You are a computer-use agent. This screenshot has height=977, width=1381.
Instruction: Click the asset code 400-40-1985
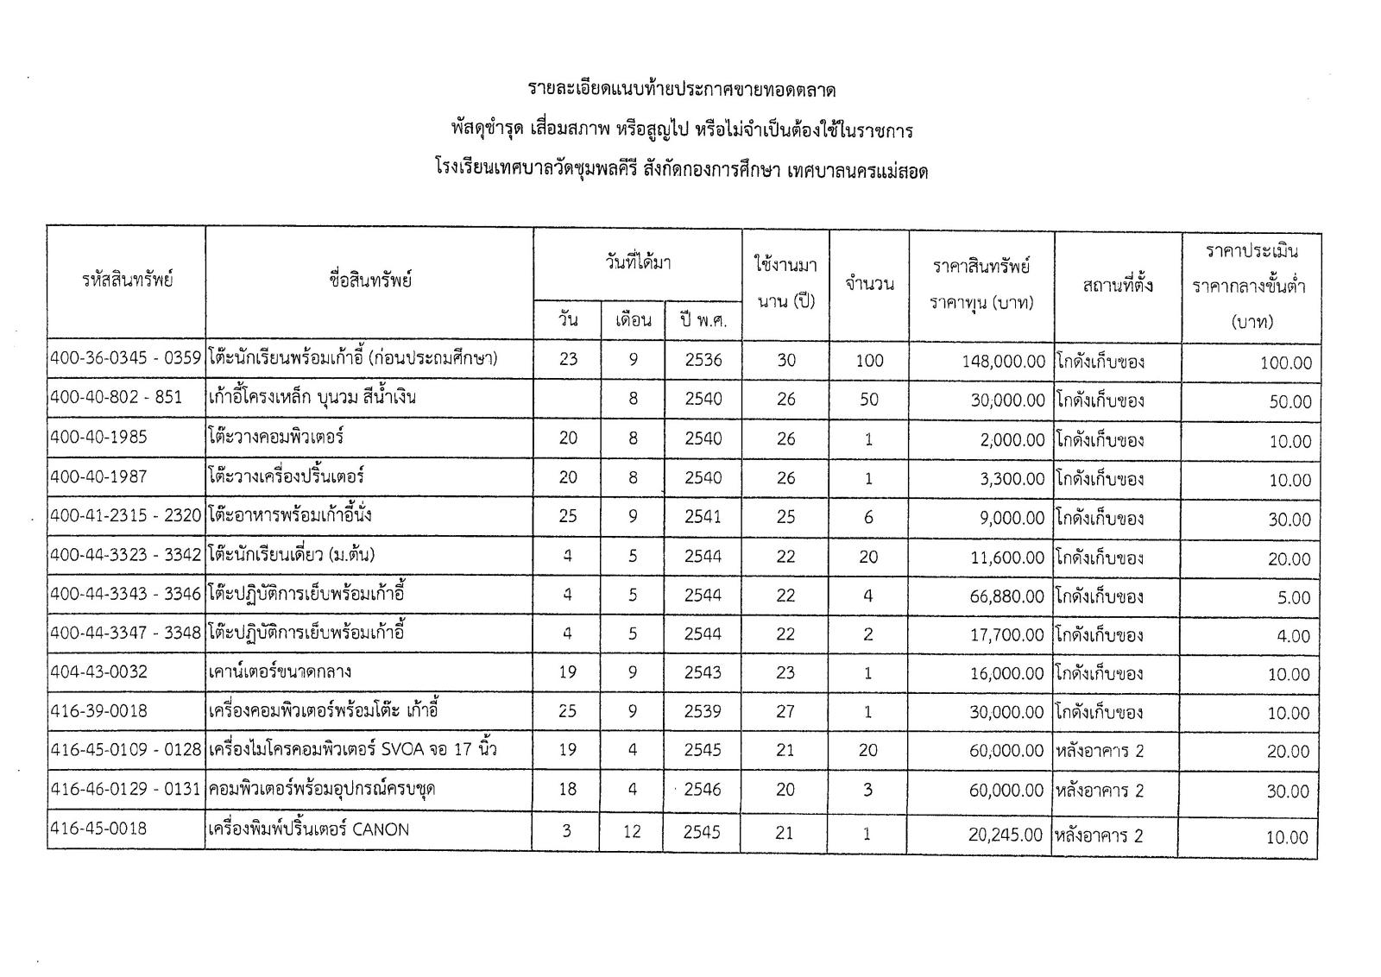(x=99, y=438)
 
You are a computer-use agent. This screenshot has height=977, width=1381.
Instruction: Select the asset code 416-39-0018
(x=99, y=711)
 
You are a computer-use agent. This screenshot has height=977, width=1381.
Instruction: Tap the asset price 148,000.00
(x=1004, y=362)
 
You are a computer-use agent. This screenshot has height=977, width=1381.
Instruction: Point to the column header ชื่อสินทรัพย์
(x=370, y=280)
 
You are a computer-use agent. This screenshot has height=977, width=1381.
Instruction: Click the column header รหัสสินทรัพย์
(x=128, y=280)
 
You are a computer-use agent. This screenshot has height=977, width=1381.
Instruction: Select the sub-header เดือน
(x=633, y=320)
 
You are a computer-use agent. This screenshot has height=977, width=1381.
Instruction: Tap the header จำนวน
(x=869, y=283)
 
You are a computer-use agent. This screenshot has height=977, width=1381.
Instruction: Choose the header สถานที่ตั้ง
(x=1118, y=284)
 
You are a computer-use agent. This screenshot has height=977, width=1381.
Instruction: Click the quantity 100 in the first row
(x=869, y=361)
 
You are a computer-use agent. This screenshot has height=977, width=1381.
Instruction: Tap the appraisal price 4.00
(x=1293, y=637)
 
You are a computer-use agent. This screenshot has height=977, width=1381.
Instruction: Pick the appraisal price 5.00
(x=1293, y=597)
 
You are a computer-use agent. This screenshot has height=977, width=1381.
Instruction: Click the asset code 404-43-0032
(x=99, y=671)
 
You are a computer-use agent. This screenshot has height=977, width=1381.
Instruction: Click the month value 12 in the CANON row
(x=633, y=831)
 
